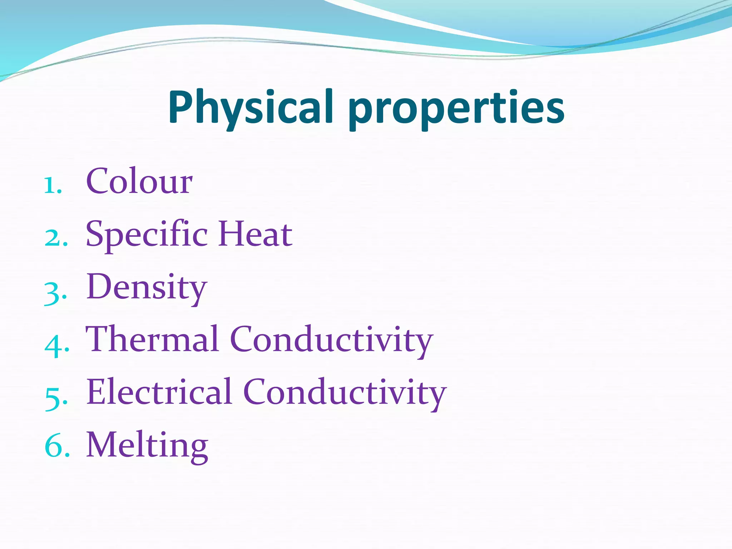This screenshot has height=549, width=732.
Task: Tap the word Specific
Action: [x=147, y=234]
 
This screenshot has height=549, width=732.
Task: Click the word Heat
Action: [x=255, y=234]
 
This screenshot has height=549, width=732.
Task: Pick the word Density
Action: [x=147, y=288]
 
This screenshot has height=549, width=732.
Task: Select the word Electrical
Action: [x=159, y=392]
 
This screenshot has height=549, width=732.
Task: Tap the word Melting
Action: [x=147, y=445]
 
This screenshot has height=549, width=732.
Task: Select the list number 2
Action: [x=54, y=238]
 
